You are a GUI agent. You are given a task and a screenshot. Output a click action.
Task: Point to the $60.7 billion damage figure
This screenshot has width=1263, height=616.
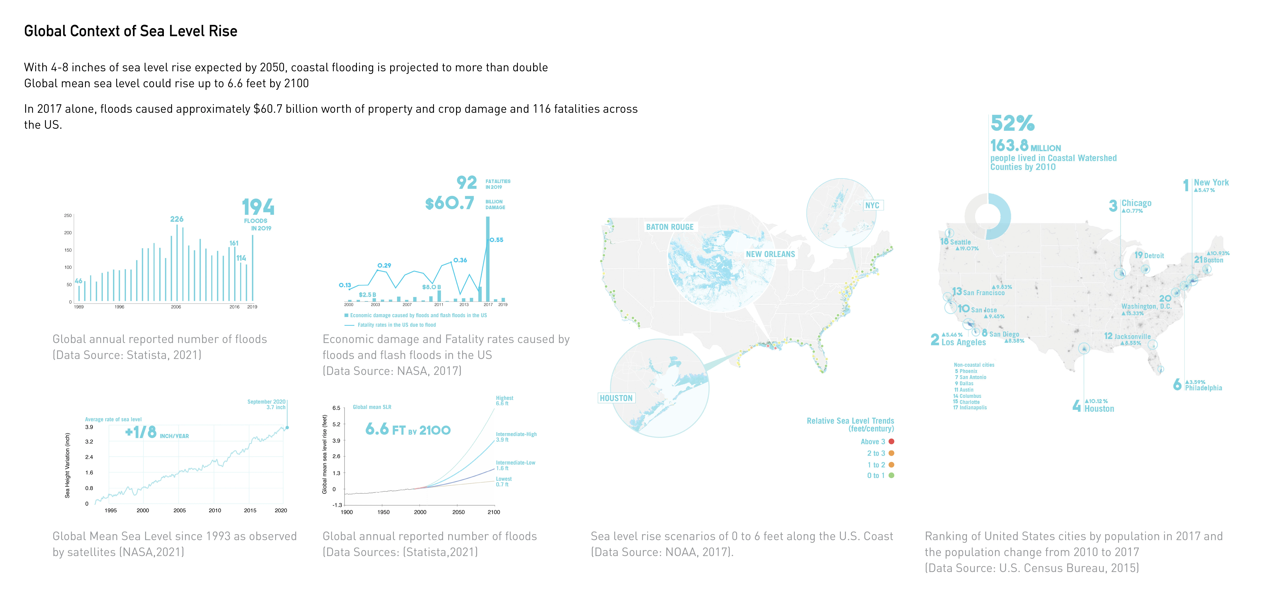pos(450,203)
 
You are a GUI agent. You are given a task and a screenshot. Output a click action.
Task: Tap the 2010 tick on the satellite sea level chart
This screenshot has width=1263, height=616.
pos(215,510)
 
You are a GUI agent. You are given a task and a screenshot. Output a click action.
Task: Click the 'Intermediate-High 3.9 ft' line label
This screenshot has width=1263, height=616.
pos(516,437)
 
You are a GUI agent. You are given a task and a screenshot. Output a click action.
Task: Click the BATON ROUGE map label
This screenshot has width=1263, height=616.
pos(670,227)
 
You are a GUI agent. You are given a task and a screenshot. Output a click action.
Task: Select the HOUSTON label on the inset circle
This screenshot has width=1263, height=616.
pos(616,398)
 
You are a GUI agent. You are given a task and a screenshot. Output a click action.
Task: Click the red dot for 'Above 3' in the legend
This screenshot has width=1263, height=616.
pos(891,442)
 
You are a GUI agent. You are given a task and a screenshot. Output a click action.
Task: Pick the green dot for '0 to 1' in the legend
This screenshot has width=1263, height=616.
pos(891,475)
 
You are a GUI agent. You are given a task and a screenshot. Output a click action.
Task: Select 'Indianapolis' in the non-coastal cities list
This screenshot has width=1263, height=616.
pos(973,408)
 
